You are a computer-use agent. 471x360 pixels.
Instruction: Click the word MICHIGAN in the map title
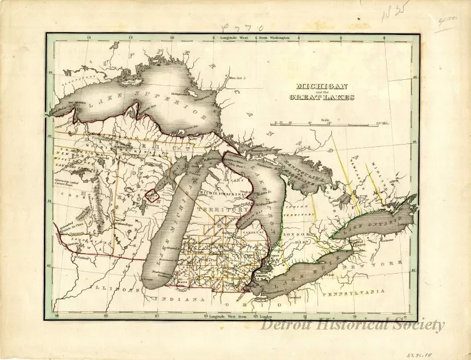pos(322,86)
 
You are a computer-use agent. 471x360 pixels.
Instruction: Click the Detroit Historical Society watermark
pos(352,325)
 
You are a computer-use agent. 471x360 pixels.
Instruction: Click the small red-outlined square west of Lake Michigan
pos(151,195)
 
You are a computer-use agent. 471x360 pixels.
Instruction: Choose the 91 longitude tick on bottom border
pos(54,317)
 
